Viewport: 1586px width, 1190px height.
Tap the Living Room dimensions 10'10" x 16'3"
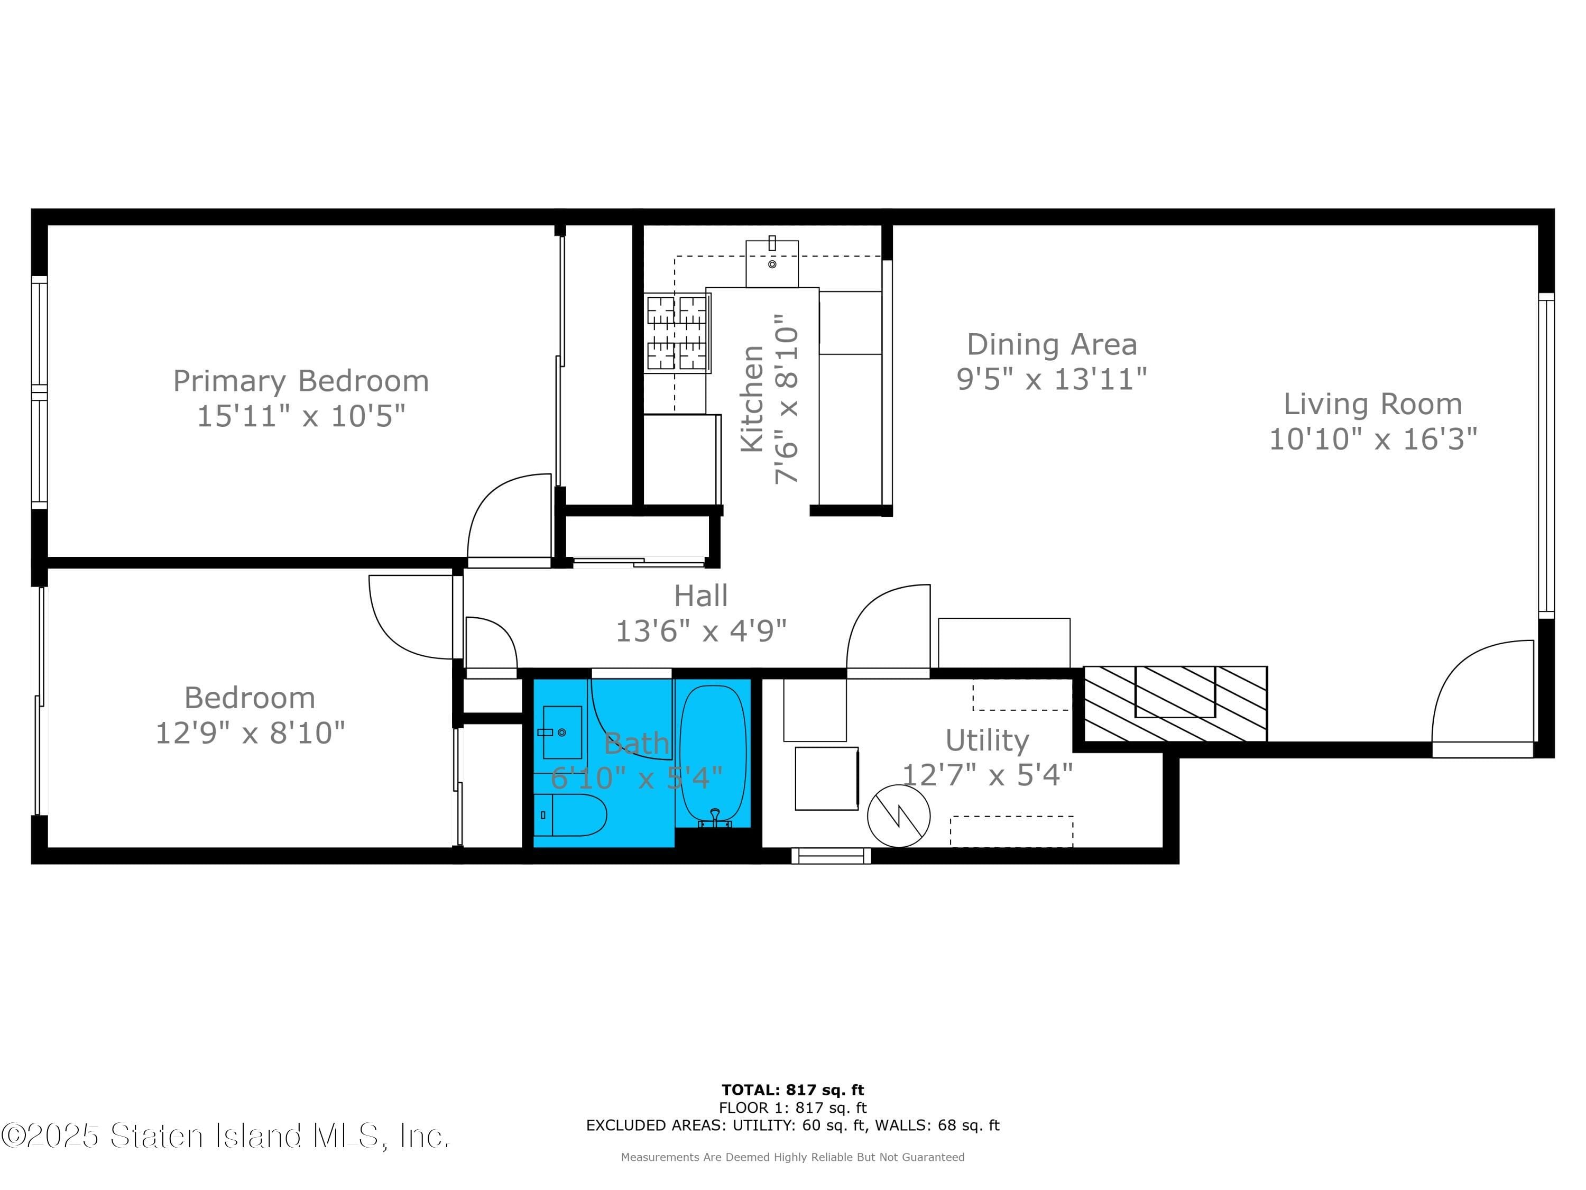pos(1372,439)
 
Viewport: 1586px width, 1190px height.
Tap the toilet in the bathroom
pos(570,815)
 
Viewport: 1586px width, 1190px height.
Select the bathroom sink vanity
pos(561,731)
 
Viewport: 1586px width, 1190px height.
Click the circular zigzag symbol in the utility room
pos(898,816)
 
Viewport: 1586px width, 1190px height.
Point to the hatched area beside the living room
pos(1175,703)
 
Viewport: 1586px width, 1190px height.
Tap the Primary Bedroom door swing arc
pos(509,516)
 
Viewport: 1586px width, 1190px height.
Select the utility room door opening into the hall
pos(888,628)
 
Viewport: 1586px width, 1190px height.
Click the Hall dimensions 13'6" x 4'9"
pos(700,631)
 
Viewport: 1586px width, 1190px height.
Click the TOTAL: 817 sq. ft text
pos(792,1090)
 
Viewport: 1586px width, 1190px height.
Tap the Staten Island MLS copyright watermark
pos(225,1136)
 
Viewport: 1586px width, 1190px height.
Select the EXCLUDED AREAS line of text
pos(792,1125)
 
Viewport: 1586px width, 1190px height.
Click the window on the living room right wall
pos(1546,455)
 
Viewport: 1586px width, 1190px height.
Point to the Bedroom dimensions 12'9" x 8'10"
pos(250,733)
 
